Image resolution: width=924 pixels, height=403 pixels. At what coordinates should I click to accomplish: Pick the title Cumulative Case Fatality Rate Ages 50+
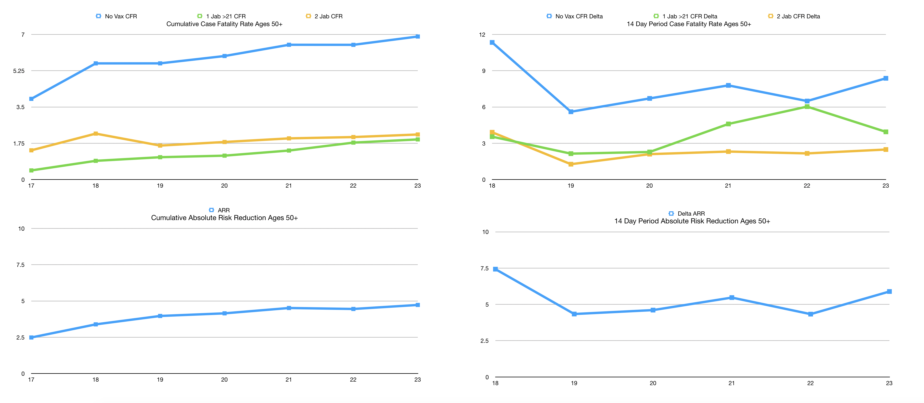224,24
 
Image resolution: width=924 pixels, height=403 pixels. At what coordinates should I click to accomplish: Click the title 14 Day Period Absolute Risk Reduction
692,221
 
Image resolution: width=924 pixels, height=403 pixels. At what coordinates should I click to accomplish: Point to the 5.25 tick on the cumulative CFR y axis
19,71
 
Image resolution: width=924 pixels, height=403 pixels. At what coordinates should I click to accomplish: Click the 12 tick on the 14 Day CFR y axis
482,35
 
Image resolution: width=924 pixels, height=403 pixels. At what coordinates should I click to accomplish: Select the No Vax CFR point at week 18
96,63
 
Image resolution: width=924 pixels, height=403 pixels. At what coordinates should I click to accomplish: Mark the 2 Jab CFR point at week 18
96,134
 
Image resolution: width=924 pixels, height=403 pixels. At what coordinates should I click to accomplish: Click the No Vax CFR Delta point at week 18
492,42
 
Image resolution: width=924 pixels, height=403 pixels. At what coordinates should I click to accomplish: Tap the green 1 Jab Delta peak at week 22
807,107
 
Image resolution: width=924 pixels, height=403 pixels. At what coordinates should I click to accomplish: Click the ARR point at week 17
31,337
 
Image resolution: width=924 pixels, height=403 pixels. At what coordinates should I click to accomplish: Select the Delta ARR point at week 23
889,291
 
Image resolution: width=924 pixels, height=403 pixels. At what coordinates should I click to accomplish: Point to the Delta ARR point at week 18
495,269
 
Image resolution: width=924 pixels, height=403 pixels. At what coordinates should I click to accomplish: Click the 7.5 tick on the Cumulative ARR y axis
20,265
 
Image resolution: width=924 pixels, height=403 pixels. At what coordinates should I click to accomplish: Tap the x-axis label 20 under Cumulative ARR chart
224,380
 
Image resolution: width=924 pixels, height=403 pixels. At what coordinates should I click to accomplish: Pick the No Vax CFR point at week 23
418,37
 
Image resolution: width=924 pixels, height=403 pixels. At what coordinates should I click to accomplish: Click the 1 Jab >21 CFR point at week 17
31,170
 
